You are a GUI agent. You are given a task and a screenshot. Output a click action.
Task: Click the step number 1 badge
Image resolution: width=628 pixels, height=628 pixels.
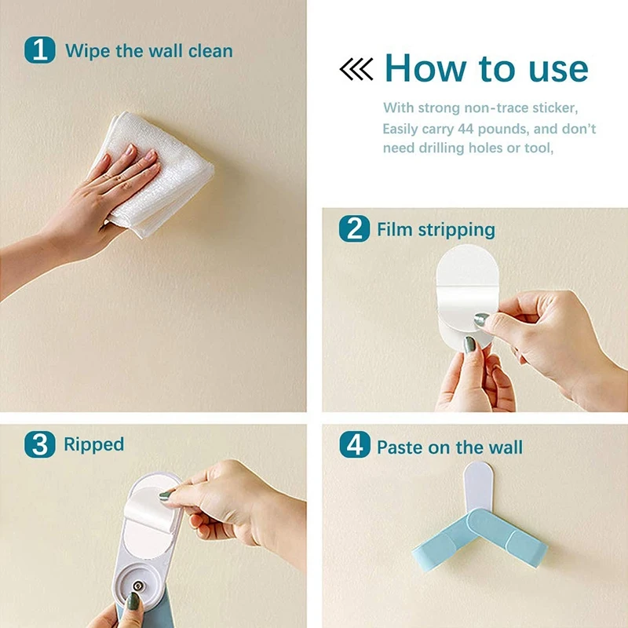click(40, 50)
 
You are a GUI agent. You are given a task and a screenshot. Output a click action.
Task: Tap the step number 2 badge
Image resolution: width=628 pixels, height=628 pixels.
click(354, 228)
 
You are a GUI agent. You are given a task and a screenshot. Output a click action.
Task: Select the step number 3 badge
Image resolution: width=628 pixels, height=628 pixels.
click(40, 444)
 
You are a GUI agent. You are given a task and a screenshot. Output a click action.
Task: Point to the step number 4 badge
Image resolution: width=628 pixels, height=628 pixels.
click(355, 444)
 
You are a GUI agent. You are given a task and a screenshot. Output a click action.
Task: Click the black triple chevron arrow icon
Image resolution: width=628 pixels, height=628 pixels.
click(356, 69)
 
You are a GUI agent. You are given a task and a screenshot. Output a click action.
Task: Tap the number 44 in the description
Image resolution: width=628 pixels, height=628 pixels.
click(466, 129)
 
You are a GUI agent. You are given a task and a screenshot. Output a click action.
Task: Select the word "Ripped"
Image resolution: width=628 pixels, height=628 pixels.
click(93, 445)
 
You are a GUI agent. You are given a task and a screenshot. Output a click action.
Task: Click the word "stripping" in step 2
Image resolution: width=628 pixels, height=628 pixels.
click(457, 230)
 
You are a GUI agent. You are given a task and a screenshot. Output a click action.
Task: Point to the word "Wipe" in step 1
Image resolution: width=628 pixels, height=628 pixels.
click(88, 51)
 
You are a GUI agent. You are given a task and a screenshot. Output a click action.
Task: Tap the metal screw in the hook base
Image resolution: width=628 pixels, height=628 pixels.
click(139, 586)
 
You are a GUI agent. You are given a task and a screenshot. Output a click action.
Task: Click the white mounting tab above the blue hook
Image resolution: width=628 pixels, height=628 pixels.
click(478, 487)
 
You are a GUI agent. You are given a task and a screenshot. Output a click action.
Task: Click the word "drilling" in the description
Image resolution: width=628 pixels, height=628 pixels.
click(441, 148)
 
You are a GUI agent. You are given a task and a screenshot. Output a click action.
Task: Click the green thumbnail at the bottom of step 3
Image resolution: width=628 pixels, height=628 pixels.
click(133, 601)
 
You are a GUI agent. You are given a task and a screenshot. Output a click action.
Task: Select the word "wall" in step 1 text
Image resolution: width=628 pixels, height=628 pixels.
click(166, 51)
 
